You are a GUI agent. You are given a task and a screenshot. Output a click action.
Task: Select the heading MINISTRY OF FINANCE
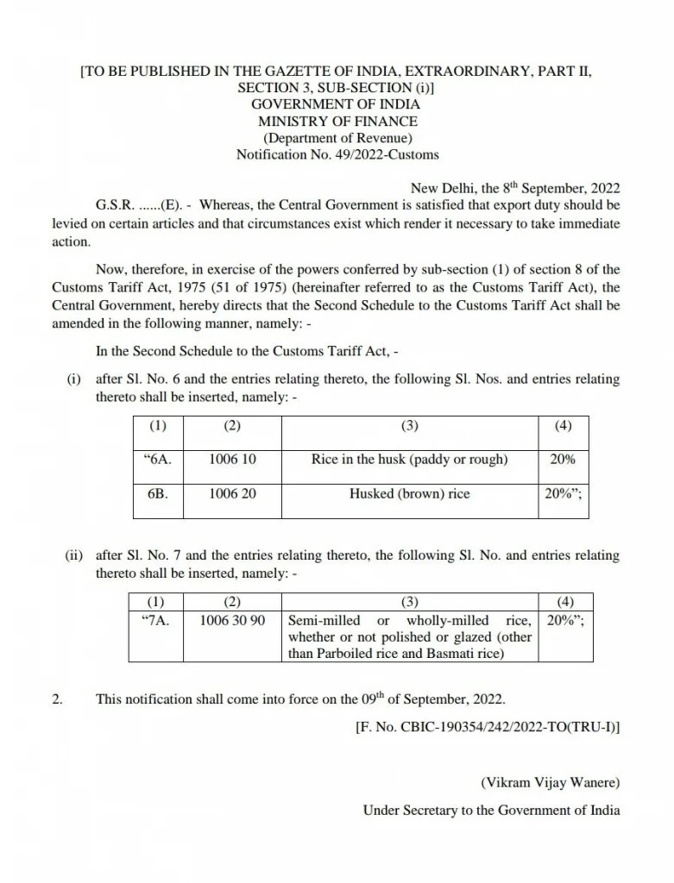(337, 122)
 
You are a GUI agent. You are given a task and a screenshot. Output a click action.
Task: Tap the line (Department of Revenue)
(337, 138)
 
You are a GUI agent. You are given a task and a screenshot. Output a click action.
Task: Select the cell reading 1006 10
(232, 460)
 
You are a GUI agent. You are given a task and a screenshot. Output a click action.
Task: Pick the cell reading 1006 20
(232, 494)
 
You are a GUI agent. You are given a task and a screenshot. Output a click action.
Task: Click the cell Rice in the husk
(409, 460)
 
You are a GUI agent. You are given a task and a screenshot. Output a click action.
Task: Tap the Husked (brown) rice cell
(409, 494)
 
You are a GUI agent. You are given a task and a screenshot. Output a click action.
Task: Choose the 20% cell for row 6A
(563, 460)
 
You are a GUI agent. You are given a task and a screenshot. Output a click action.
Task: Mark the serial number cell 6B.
(158, 494)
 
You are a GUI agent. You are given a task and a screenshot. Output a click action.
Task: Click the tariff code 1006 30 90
(232, 621)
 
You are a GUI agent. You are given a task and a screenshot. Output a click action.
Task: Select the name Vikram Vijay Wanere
(550, 784)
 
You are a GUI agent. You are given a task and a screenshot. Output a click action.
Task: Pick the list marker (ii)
(74, 555)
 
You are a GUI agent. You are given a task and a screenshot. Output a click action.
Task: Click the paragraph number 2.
(57, 698)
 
